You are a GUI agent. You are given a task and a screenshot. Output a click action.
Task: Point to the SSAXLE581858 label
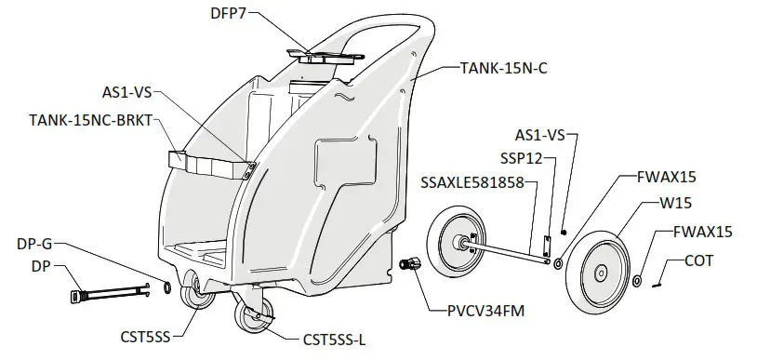473,181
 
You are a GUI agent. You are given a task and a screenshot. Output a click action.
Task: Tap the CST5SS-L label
321,340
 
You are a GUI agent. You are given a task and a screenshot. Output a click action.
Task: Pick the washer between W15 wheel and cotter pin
637,281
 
